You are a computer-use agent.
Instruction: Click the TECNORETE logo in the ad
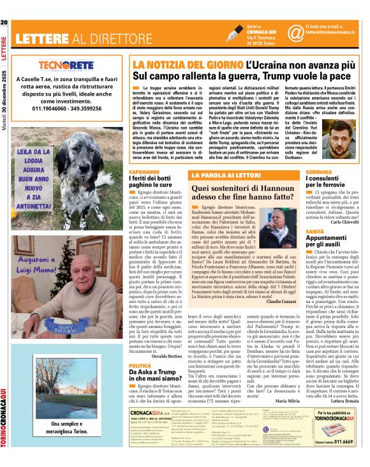pos(66,65)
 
